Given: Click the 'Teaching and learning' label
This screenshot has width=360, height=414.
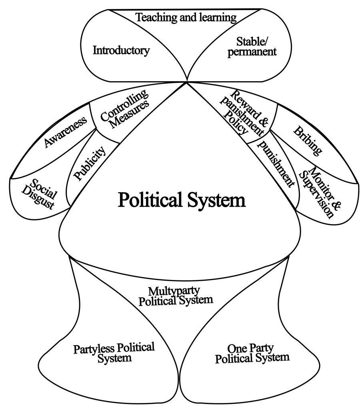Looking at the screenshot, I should coord(186,18).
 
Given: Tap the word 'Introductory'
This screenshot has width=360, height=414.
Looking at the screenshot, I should coord(121,50).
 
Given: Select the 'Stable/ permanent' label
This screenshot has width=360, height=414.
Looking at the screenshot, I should coord(252,46).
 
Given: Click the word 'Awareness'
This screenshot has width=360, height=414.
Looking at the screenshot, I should coord(66,132).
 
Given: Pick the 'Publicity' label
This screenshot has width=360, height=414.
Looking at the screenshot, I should coord(90,163).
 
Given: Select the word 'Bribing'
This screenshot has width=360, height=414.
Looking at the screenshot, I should coord(307,140).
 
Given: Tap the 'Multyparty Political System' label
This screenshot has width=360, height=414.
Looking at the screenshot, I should coord(176,295).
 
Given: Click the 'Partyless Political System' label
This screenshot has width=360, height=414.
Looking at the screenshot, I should coord(114,352).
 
